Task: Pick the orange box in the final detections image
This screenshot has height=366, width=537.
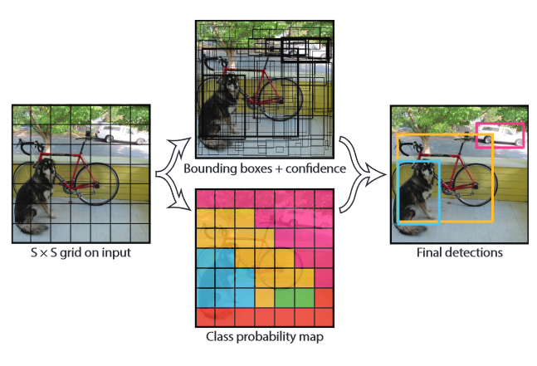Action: coord(494,178)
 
